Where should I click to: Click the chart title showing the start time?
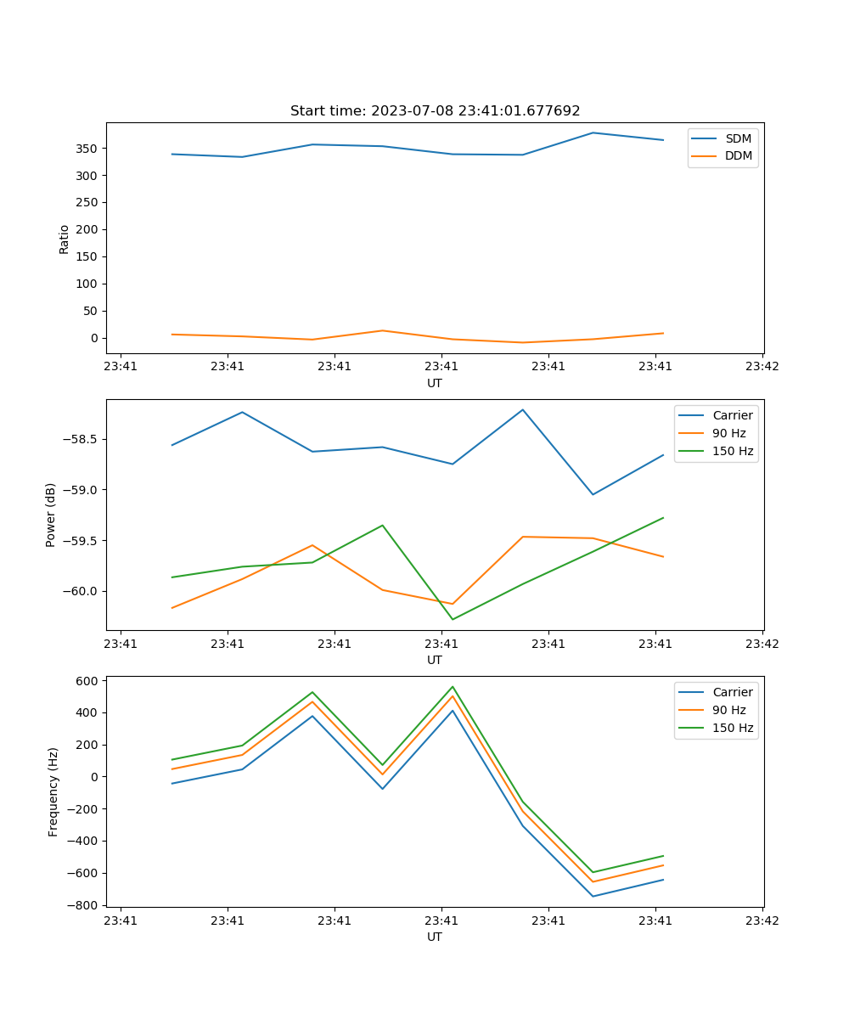click(435, 111)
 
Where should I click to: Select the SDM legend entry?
click(738, 138)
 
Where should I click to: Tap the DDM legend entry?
click(738, 155)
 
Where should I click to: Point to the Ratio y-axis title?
click(65, 239)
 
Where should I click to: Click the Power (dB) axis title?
click(51, 515)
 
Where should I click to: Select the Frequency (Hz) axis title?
click(53, 791)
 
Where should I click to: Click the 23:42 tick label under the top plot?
click(762, 367)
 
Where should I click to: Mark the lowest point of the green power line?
click(453, 619)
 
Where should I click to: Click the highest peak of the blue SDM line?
click(593, 132)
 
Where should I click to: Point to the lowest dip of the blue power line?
click(593, 494)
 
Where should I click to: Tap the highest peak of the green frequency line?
click(453, 687)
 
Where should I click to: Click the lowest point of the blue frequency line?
click(593, 896)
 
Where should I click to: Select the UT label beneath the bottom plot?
click(435, 937)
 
